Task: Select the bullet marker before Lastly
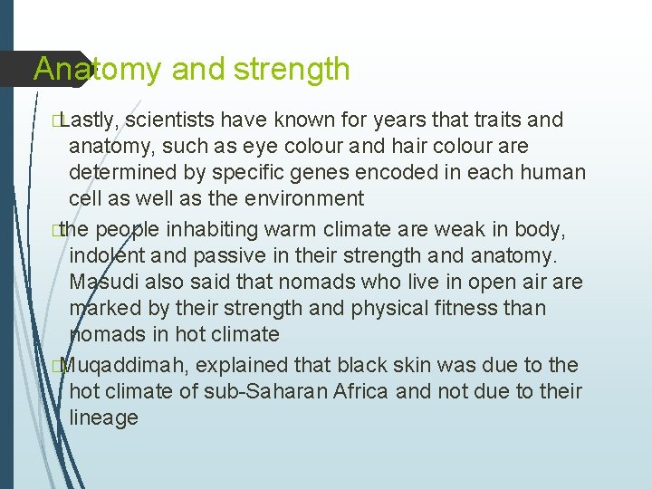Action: tap(57, 120)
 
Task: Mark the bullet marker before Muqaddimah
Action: tap(57, 366)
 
